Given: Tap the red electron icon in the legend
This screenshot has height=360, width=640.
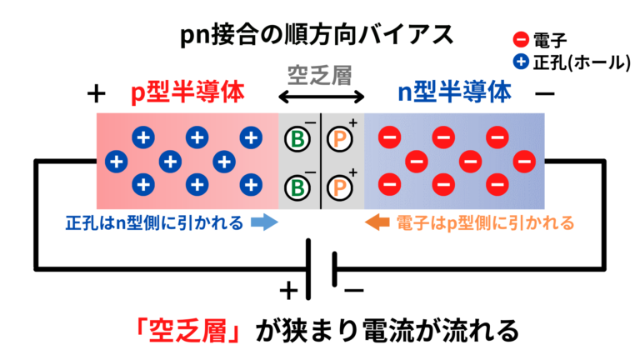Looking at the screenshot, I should [518, 38].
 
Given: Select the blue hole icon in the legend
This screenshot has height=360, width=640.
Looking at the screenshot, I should [518, 61].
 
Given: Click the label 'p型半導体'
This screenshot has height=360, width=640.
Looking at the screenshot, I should [187, 93].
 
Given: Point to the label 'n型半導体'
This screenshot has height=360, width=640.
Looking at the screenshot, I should [453, 93].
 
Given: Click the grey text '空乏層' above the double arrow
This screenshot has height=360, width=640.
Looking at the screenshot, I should [319, 75].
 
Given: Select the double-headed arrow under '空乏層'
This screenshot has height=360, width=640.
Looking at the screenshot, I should [320, 98].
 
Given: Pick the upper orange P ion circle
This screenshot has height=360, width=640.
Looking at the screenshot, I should [339, 138].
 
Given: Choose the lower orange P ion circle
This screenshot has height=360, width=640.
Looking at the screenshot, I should [339, 187].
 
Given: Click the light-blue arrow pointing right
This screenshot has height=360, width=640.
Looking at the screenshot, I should [264, 222].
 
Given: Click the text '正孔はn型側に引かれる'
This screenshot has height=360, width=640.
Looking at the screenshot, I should [154, 222].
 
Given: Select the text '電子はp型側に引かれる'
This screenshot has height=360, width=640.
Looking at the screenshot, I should [485, 222].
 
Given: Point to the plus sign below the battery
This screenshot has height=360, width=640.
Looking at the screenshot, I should [287, 290].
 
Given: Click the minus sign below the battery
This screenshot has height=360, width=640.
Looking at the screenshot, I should [353, 290].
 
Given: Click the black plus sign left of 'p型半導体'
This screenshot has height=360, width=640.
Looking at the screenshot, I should [97, 93].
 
